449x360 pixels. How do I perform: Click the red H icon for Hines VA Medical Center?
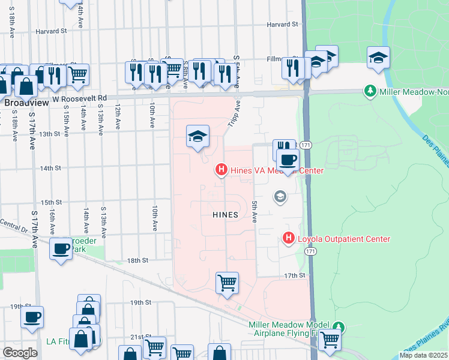[221, 171]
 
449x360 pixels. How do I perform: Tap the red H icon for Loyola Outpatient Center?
[288, 239]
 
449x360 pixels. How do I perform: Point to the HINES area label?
[225, 214]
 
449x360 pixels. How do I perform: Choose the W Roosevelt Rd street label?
[79, 98]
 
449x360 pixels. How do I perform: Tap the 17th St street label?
[295, 275]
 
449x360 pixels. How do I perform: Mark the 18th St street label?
[137, 260]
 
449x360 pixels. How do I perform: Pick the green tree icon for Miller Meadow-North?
[370, 91]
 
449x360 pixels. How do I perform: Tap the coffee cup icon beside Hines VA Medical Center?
[288, 160]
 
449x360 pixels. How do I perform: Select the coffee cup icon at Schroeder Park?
[61, 247]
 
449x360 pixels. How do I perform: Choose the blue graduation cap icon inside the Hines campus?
[197, 136]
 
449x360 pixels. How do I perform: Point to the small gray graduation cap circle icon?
[279, 196]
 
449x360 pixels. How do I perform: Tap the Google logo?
[20, 353]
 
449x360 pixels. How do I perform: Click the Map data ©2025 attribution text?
[423, 355]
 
